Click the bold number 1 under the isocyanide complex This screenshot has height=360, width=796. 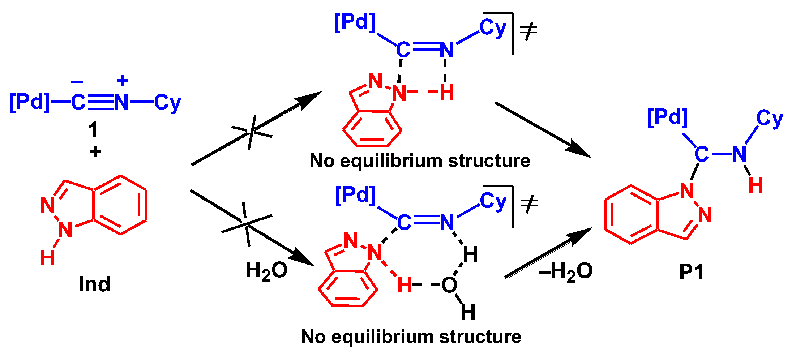click(93, 129)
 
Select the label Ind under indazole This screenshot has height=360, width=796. click(94, 284)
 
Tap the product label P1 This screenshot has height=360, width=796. click(691, 272)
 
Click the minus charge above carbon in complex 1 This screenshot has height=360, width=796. click(77, 82)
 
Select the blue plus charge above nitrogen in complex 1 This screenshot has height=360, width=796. click(123, 80)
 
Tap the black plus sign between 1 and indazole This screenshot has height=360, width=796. click(95, 151)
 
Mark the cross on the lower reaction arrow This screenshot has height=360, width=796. click(247, 224)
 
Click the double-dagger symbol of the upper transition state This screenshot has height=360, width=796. click(528, 31)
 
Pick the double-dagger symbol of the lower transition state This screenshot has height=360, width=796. click(529, 205)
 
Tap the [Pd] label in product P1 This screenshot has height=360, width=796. click(667, 117)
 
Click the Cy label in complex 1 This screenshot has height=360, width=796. click(167, 103)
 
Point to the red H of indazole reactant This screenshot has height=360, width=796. click(48, 258)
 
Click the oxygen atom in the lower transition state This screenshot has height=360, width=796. click(449, 285)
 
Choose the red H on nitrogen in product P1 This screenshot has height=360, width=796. click(756, 185)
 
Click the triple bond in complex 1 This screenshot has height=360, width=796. click(100, 102)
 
